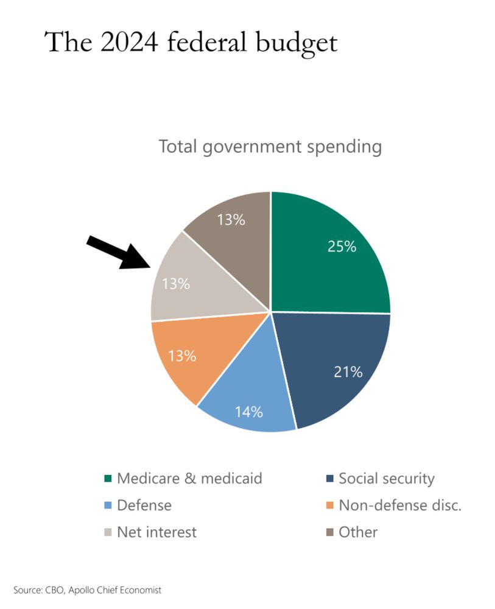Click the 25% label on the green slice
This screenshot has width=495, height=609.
[x=342, y=247]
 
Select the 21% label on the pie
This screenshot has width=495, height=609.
[x=348, y=371]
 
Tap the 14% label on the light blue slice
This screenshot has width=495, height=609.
[x=248, y=412]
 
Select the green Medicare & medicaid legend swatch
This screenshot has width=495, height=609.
[x=108, y=479]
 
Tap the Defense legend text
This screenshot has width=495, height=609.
[x=144, y=505]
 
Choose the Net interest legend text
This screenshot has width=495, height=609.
[x=156, y=532]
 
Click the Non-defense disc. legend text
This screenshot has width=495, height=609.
[x=400, y=505]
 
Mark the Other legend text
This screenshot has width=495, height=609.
[x=358, y=532]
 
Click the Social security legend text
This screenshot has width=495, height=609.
[x=387, y=479]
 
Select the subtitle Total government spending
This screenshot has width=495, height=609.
[x=270, y=147]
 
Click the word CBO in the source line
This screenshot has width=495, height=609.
[x=52, y=590]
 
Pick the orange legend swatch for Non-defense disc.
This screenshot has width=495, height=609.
[x=329, y=505]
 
